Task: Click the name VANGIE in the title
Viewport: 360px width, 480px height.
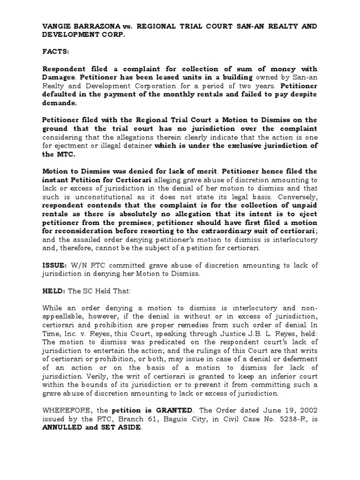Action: click(x=57, y=26)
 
